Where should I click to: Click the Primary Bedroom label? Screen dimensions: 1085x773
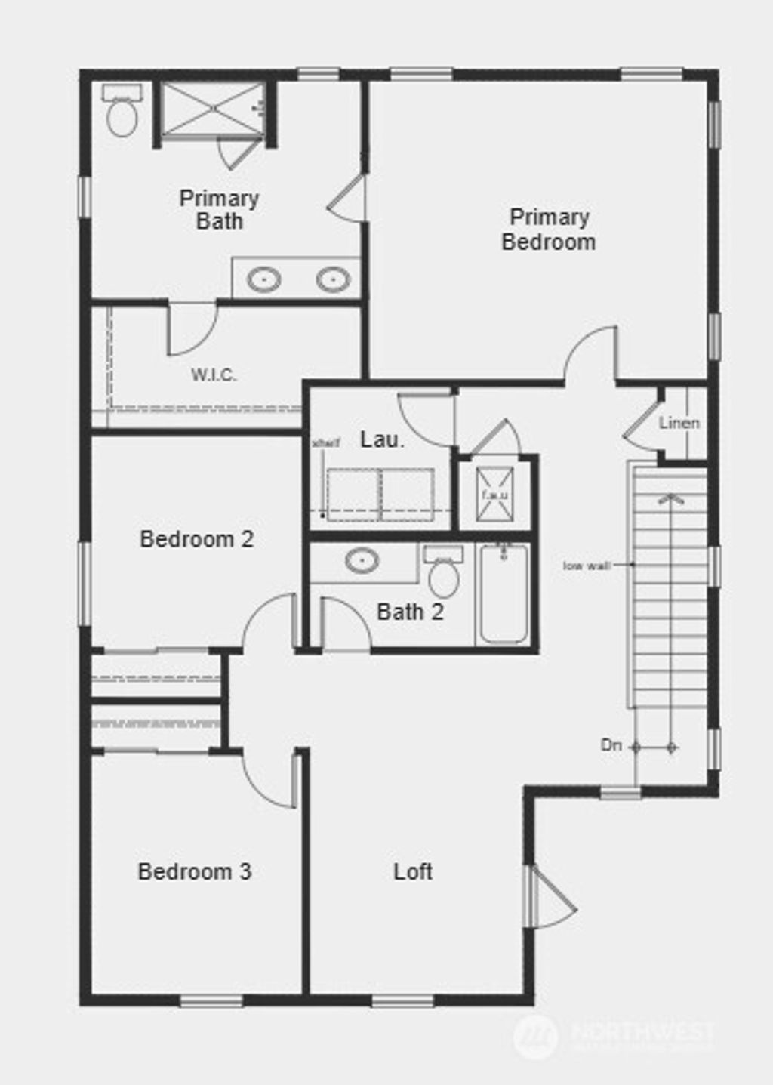coord(549,230)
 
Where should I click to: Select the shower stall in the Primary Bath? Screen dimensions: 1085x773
coord(214,109)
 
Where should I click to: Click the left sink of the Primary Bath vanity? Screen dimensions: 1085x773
coord(264,279)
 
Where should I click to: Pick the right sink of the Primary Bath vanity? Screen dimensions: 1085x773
coord(333,279)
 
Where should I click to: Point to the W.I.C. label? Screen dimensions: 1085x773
coord(214,375)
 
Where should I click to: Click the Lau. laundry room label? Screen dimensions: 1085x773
coord(382,439)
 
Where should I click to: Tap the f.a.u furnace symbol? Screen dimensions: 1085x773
coord(495,495)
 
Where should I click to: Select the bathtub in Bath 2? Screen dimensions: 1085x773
coord(504,595)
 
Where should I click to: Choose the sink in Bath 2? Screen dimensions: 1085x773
coord(362,560)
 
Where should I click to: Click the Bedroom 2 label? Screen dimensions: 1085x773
coord(197,539)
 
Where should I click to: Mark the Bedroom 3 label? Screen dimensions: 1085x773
coord(195,871)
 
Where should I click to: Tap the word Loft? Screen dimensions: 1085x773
coord(413,871)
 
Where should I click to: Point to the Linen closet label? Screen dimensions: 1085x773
coord(679,423)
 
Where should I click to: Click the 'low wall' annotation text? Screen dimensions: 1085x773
coord(587,565)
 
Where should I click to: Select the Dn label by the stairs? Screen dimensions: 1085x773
coord(611,745)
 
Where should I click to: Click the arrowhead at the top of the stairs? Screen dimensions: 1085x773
coord(670,498)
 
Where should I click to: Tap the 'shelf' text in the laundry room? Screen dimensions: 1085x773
coord(325,442)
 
